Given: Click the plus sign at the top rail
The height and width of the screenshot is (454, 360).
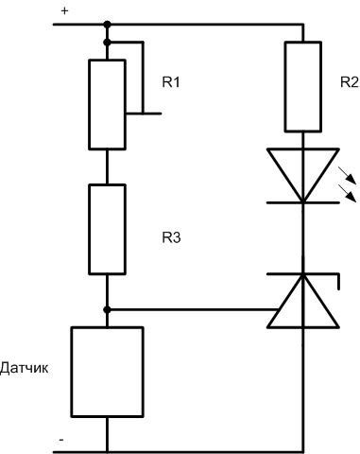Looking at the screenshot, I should (x=64, y=11).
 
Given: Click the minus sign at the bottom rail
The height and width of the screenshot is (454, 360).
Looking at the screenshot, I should (x=60, y=440).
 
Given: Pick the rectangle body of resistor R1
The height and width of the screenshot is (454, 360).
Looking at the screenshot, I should (x=107, y=104).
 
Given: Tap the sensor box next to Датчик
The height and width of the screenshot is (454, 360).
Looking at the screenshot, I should (x=107, y=373).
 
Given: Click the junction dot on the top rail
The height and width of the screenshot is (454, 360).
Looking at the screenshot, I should (x=107, y=25).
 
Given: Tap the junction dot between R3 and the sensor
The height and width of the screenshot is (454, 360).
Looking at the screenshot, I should (x=107, y=309).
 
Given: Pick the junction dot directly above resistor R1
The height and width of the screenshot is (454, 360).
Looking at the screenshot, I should (x=107, y=43).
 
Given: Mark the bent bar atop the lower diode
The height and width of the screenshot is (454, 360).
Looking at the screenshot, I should (x=302, y=275).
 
